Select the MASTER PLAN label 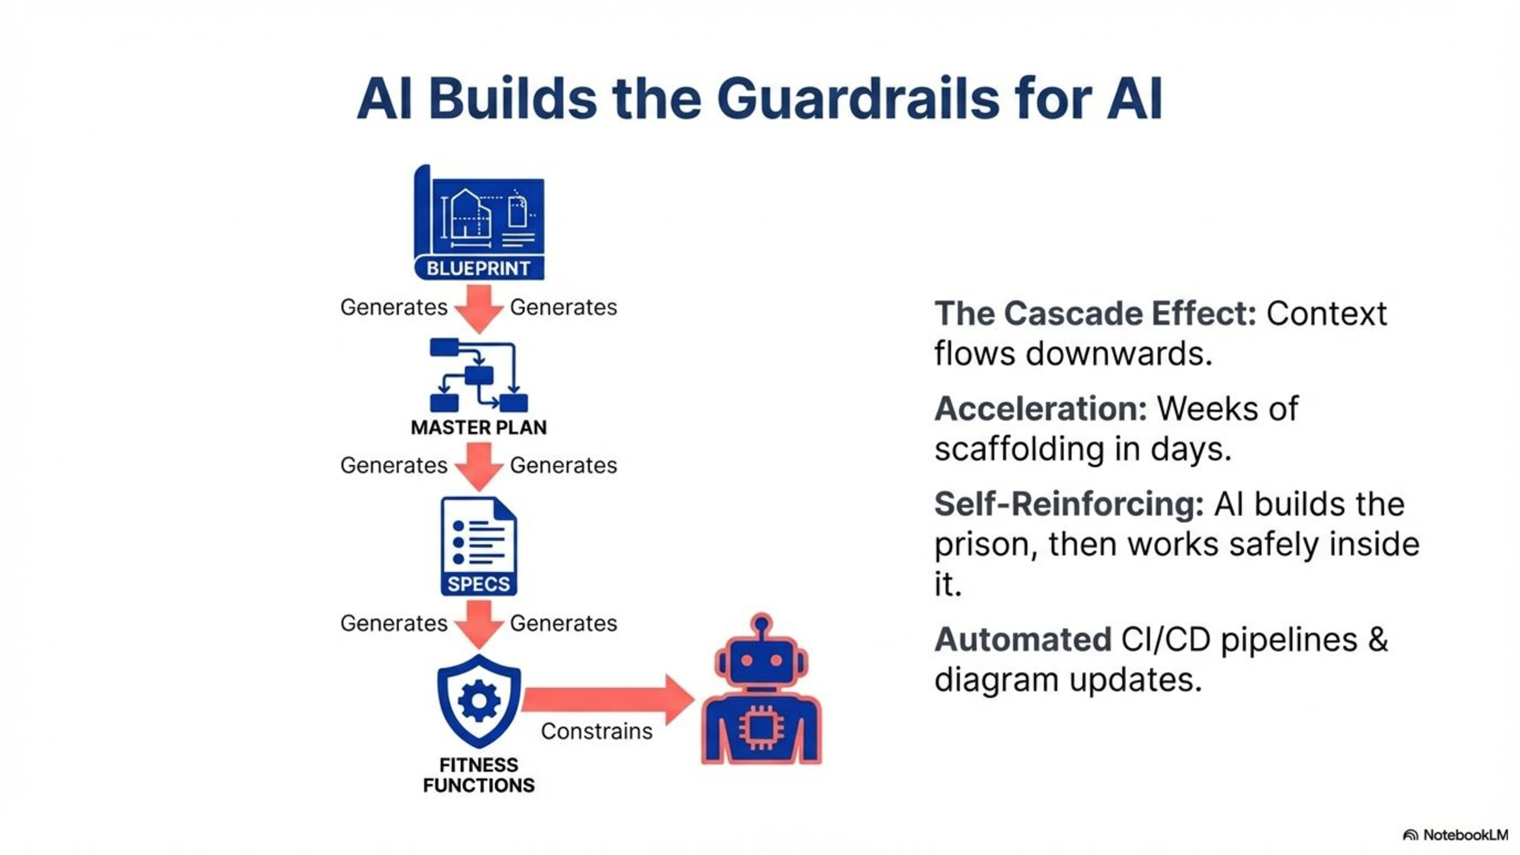[479, 427]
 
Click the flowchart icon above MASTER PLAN [479, 375]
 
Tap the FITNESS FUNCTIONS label [479, 775]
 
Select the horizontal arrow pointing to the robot [608, 700]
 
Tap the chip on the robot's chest [761, 727]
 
